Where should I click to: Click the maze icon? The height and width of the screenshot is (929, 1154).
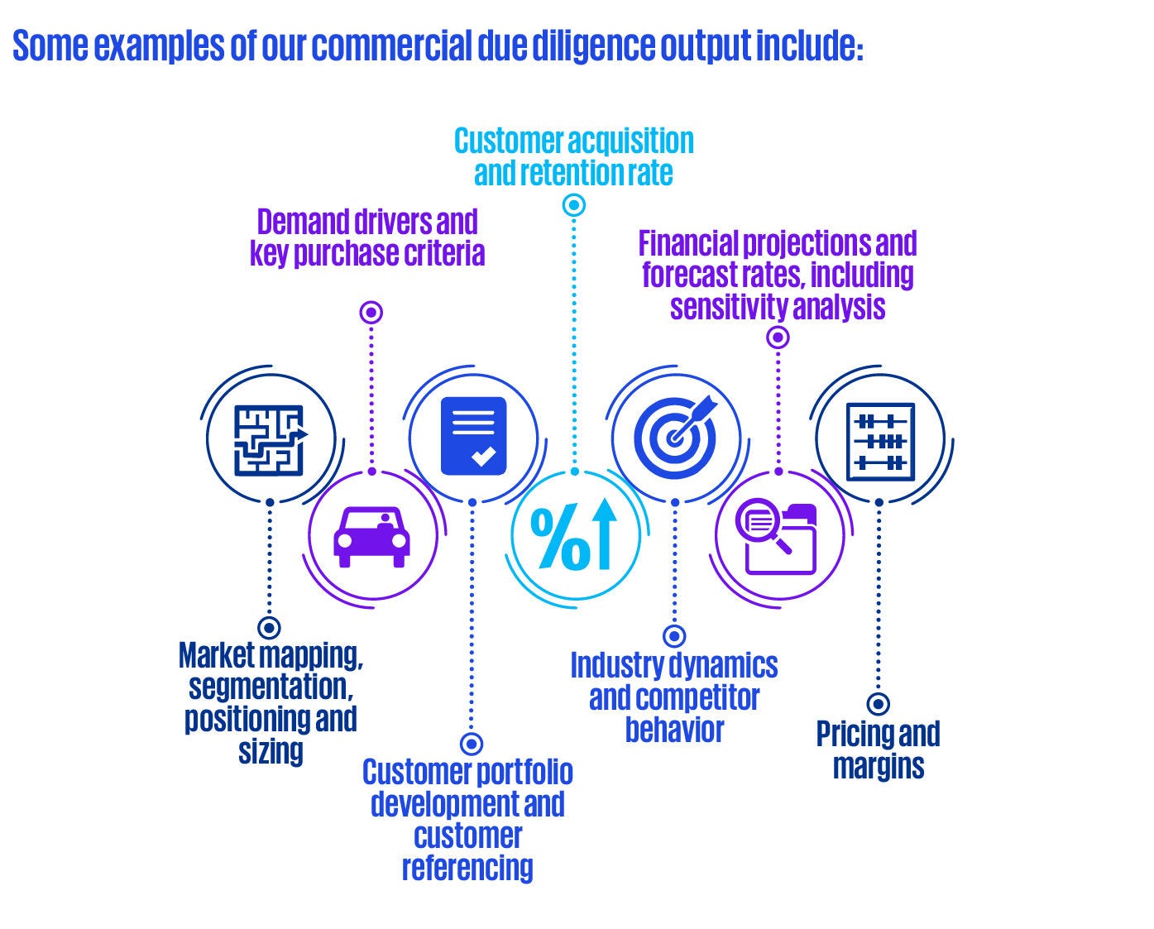click(270, 439)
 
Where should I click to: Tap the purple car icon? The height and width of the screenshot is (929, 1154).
click(371, 535)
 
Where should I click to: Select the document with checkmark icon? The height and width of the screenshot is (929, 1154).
click(473, 436)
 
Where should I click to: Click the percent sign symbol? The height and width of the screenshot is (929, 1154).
click(558, 538)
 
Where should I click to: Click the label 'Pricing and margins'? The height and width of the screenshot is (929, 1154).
click(879, 749)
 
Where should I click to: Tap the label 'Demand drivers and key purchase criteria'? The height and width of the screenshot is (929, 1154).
click(367, 237)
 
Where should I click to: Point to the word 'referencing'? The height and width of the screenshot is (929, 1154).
click(467, 868)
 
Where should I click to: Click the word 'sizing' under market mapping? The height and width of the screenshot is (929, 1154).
click(271, 751)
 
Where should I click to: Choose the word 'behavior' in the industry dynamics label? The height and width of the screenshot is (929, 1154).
click(674, 730)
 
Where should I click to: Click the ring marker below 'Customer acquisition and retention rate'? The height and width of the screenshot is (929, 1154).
click(574, 205)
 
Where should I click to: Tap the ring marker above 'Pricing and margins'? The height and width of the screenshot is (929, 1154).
click(879, 704)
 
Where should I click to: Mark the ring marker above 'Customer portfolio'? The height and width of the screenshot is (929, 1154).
click(472, 743)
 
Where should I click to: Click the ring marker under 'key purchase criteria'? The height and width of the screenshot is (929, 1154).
click(371, 312)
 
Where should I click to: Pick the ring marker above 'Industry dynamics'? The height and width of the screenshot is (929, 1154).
click(675, 635)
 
